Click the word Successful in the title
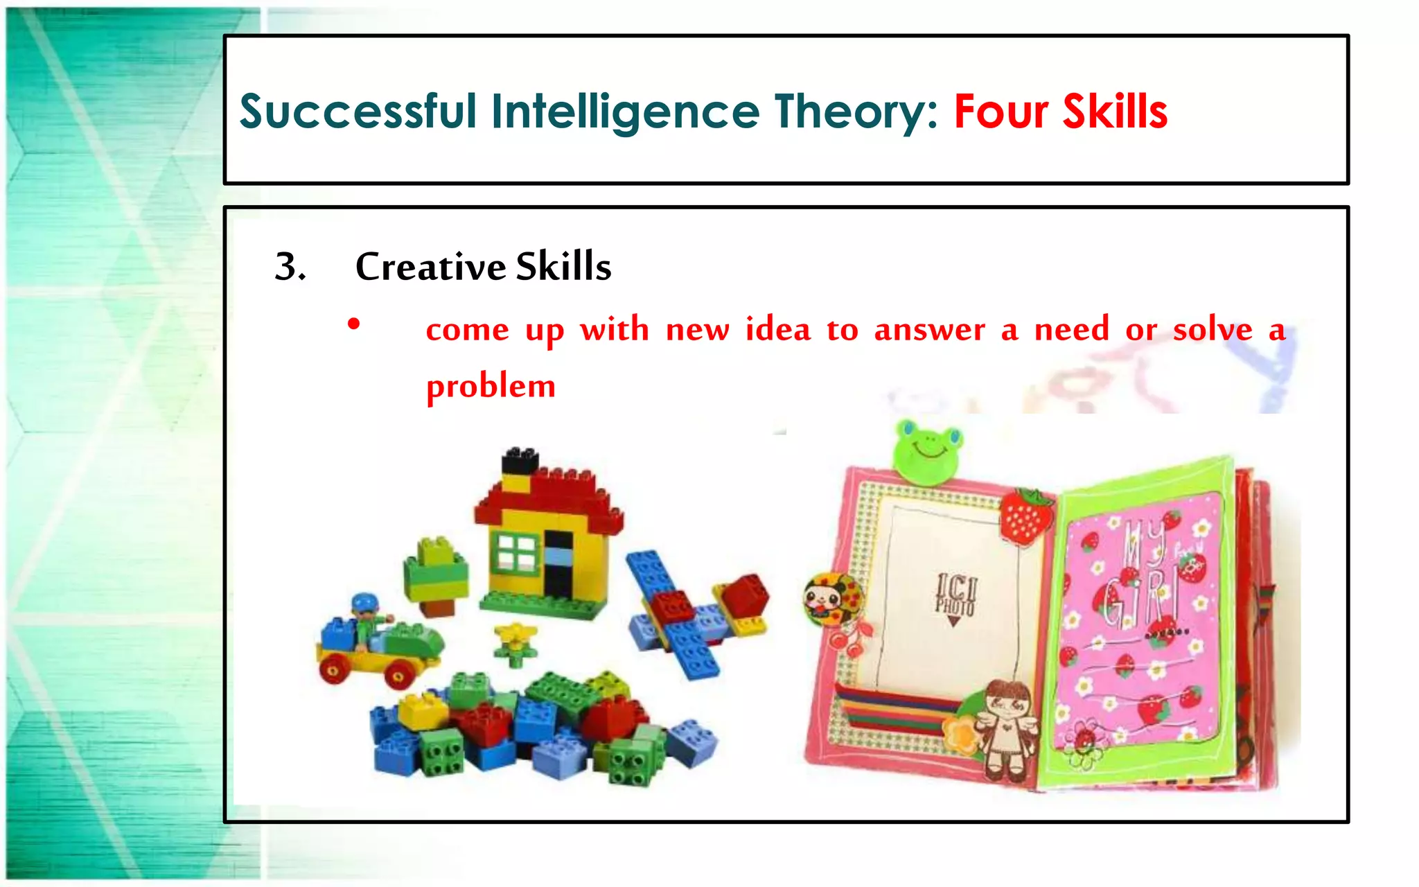[x=358, y=112]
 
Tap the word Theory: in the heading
[x=856, y=112]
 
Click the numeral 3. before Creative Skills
[x=290, y=267]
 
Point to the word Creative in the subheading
[x=430, y=267]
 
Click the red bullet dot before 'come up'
[x=354, y=324]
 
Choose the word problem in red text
[x=491, y=387]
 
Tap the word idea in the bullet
[x=777, y=329]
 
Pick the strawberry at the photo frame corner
[x=1025, y=516]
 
